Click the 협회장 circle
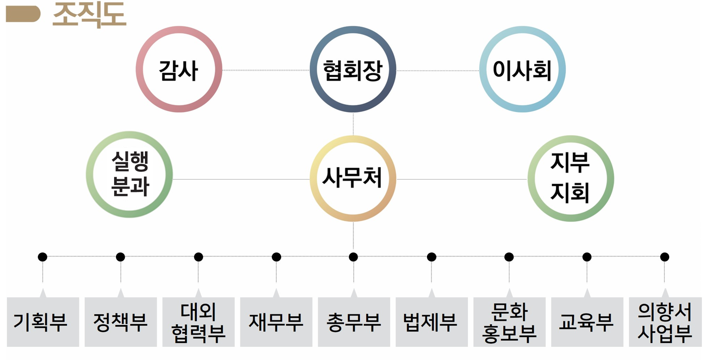pyautogui.click(x=353, y=70)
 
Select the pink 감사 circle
pyautogui.click(x=179, y=70)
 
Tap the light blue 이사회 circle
pyautogui.click(x=522, y=70)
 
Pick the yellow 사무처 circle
pyautogui.click(x=353, y=178)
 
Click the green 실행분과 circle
pyautogui.click(x=130, y=174)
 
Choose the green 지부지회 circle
pyautogui.click(x=570, y=178)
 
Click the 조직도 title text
pyautogui.click(x=89, y=14)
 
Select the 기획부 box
pyautogui.click(x=43, y=322)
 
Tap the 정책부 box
pyautogui.click(x=120, y=322)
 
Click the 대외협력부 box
pyautogui.click(x=198, y=322)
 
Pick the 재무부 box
pyautogui.click(x=276, y=322)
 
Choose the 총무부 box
pyautogui.click(x=354, y=322)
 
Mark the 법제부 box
pyautogui.click(x=431, y=322)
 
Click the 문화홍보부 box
pyautogui.click(x=509, y=322)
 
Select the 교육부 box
pyautogui.click(x=587, y=322)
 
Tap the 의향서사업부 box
pyautogui.click(x=665, y=322)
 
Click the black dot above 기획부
pyautogui.click(x=42, y=257)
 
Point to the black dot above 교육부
pyautogui.click(x=587, y=257)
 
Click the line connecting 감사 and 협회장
pyautogui.click(x=266, y=70)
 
